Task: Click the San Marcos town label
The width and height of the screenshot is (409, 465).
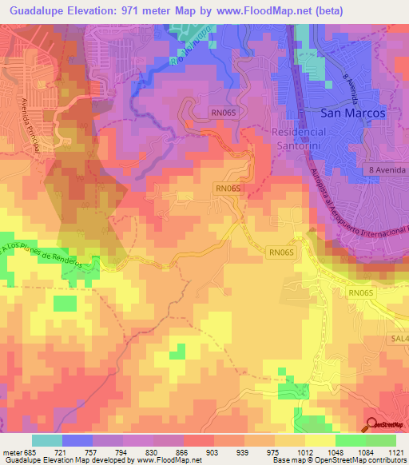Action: [x=352, y=113]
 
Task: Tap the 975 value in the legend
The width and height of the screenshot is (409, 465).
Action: [x=273, y=451]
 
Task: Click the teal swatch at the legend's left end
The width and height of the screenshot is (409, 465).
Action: [x=46, y=440]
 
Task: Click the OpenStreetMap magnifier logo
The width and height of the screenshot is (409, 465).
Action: [x=371, y=424]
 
